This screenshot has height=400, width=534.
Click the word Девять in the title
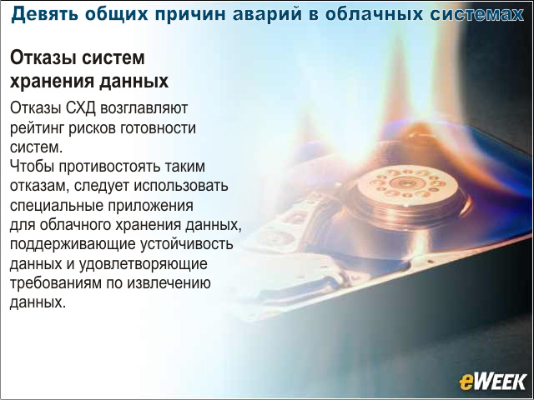[45, 14]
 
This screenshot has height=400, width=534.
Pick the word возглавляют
[144, 109]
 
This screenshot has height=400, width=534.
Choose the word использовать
[181, 186]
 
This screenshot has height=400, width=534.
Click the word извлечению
[169, 283]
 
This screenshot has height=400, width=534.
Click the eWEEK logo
[492, 382]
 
